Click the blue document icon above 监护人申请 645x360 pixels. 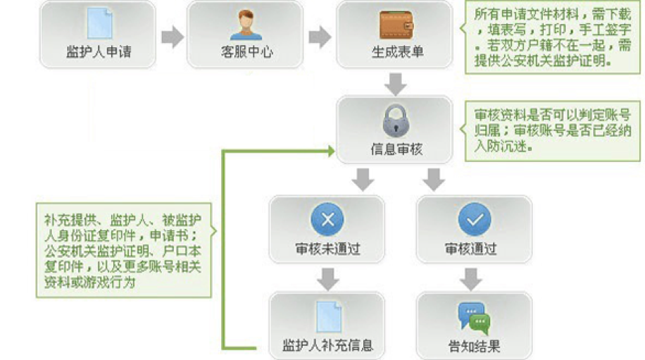[97, 24]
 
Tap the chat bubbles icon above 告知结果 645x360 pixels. [473, 317]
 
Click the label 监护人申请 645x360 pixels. [98, 53]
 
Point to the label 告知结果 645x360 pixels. [474, 346]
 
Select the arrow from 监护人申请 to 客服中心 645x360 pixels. [172, 37]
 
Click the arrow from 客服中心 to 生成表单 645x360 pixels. [320, 37]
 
